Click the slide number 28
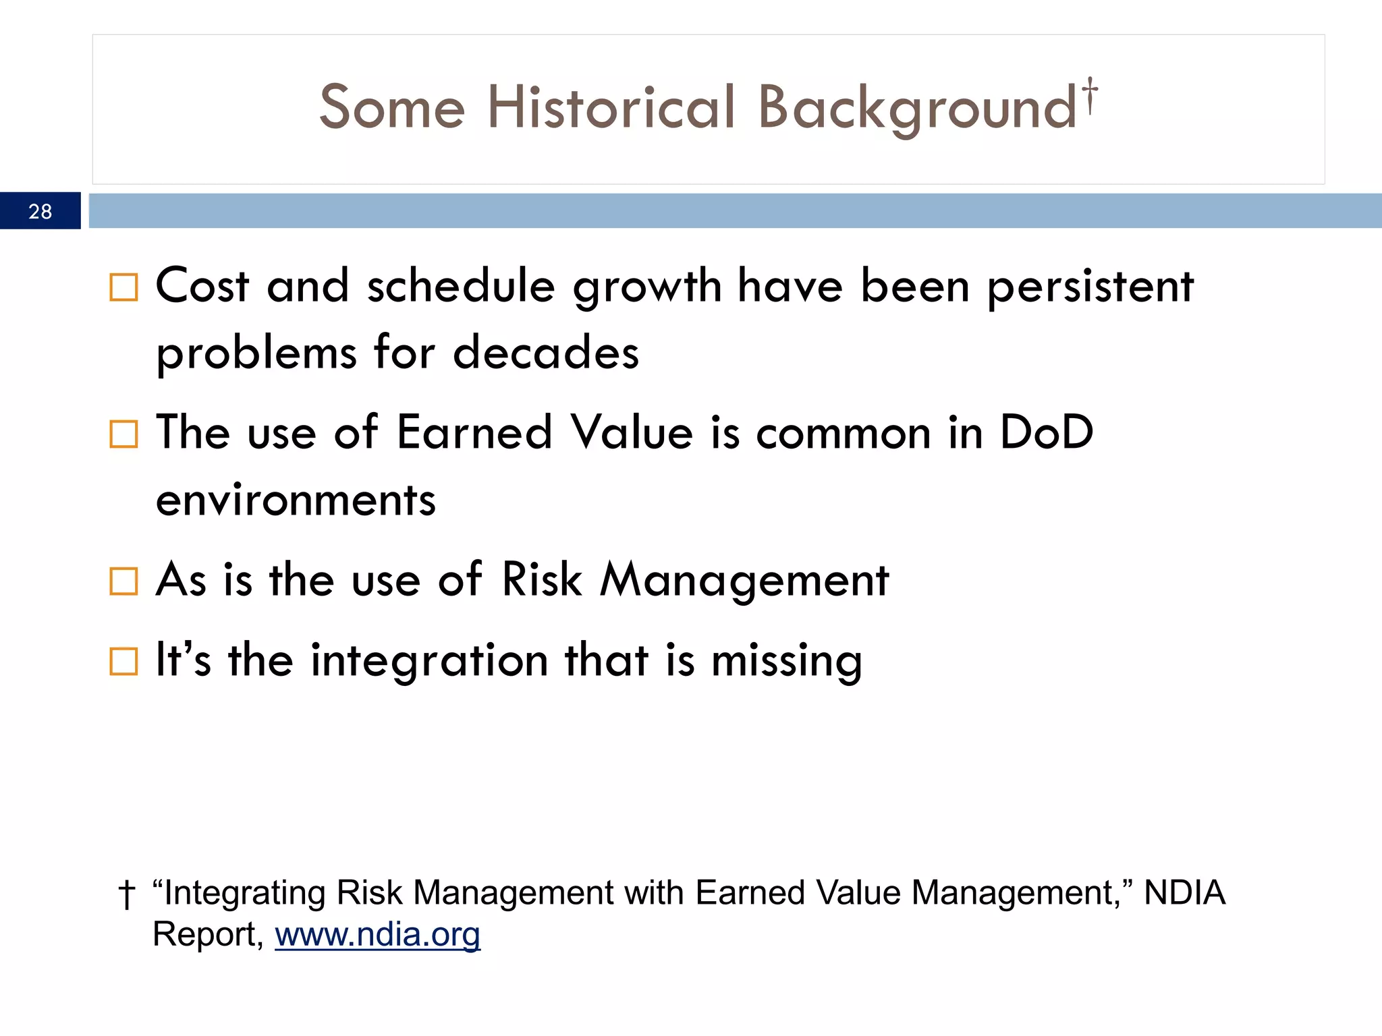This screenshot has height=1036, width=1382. click(x=40, y=212)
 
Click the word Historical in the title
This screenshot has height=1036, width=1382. click(x=611, y=108)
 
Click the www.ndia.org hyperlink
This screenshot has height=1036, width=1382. click(x=377, y=935)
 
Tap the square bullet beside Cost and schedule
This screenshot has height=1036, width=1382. click(x=123, y=287)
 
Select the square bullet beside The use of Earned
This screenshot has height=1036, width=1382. click(x=123, y=434)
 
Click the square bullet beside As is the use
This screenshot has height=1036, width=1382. click(x=123, y=581)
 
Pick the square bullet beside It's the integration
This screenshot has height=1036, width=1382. click(x=123, y=662)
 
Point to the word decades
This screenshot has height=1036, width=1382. click(x=545, y=353)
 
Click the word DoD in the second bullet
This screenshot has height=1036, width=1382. click(x=1046, y=433)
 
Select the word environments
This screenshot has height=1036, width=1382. click(x=296, y=501)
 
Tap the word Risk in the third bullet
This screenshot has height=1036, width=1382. click(x=541, y=580)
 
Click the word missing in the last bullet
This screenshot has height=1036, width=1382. click(x=786, y=662)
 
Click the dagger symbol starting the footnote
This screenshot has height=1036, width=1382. click(x=126, y=895)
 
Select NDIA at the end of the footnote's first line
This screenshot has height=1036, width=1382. click(x=1184, y=893)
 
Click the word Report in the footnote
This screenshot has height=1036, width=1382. click(x=205, y=935)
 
